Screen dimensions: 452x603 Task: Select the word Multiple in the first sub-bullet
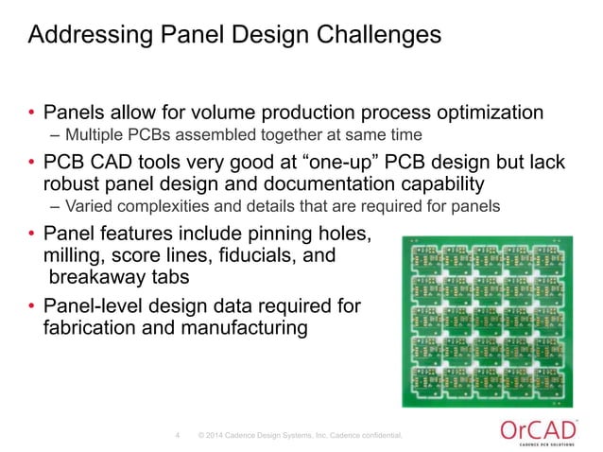click(91, 134)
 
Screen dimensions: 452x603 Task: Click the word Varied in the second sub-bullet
click(85, 206)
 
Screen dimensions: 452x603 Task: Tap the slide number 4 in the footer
click(178, 436)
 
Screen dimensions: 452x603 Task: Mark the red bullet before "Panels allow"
click(31, 114)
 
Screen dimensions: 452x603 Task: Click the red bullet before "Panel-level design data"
click(31, 306)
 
